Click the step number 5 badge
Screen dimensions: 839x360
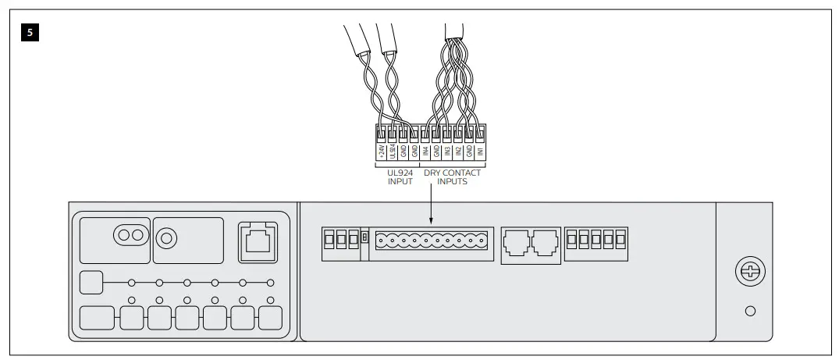pos(30,34)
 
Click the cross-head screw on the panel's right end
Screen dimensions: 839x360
pos(750,273)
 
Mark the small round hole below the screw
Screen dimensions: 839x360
pos(750,311)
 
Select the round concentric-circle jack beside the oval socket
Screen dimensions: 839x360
pos(165,234)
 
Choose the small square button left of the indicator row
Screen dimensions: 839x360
pos(91,281)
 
